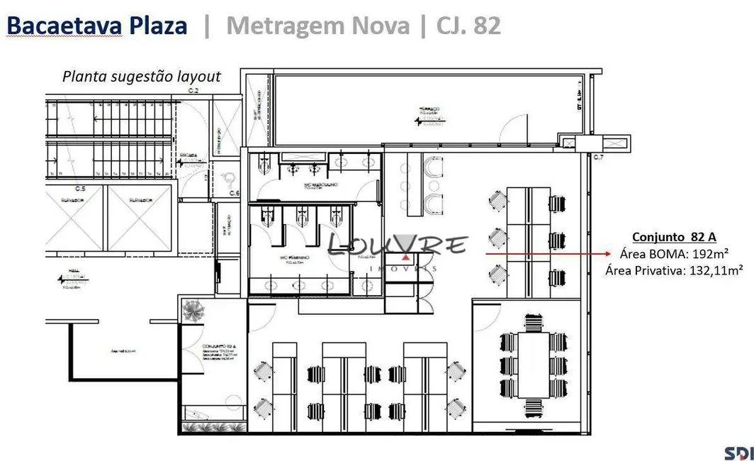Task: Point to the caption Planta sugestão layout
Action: (x=142, y=77)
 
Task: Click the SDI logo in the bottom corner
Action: (x=738, y=452)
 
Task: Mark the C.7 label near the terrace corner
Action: (x=598, y=156)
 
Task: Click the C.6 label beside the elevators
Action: (x=234, y=194)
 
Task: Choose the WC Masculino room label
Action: (x=320, y=186)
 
